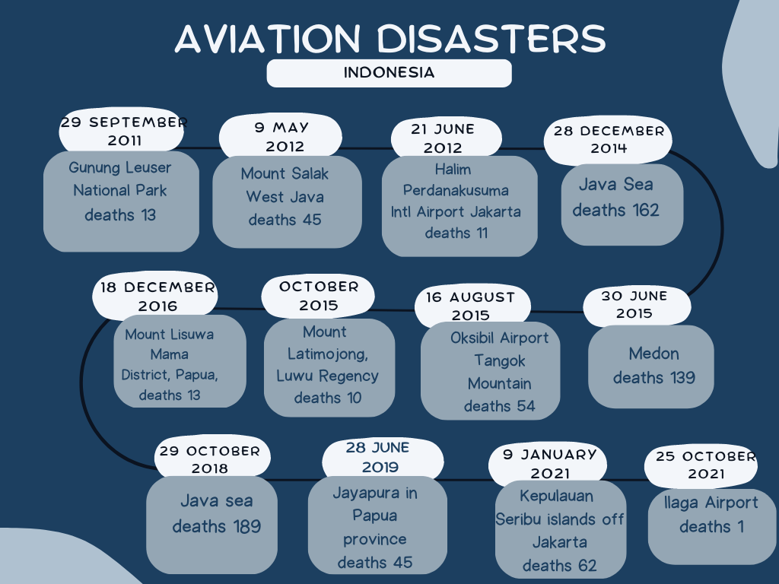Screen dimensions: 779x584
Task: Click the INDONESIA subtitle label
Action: (x=389, y=73)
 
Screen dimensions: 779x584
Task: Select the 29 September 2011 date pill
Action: (x=122, y=130)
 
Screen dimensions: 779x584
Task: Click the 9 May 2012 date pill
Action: (x=281, y=136)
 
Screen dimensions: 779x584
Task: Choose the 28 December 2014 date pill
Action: (x=608, y=140)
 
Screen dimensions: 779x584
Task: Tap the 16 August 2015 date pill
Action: (x=472, y=306)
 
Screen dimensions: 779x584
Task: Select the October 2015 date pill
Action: (x=318, y=296)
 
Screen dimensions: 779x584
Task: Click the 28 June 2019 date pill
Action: (x=382, y=458)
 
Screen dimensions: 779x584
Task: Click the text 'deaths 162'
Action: (x=615, y=211)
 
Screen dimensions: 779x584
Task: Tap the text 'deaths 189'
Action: (x=217, y=526)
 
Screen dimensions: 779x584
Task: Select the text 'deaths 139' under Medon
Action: (x=653, y=378)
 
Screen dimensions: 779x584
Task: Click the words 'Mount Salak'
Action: (x=285, y=174)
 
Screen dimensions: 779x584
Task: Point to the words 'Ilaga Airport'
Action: (x=711, y=503)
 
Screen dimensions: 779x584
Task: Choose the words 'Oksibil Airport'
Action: (x=499, y=338)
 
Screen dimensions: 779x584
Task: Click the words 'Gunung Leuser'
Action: (x=119, y=168)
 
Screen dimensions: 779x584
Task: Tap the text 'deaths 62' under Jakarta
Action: (x=559, y=566)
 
